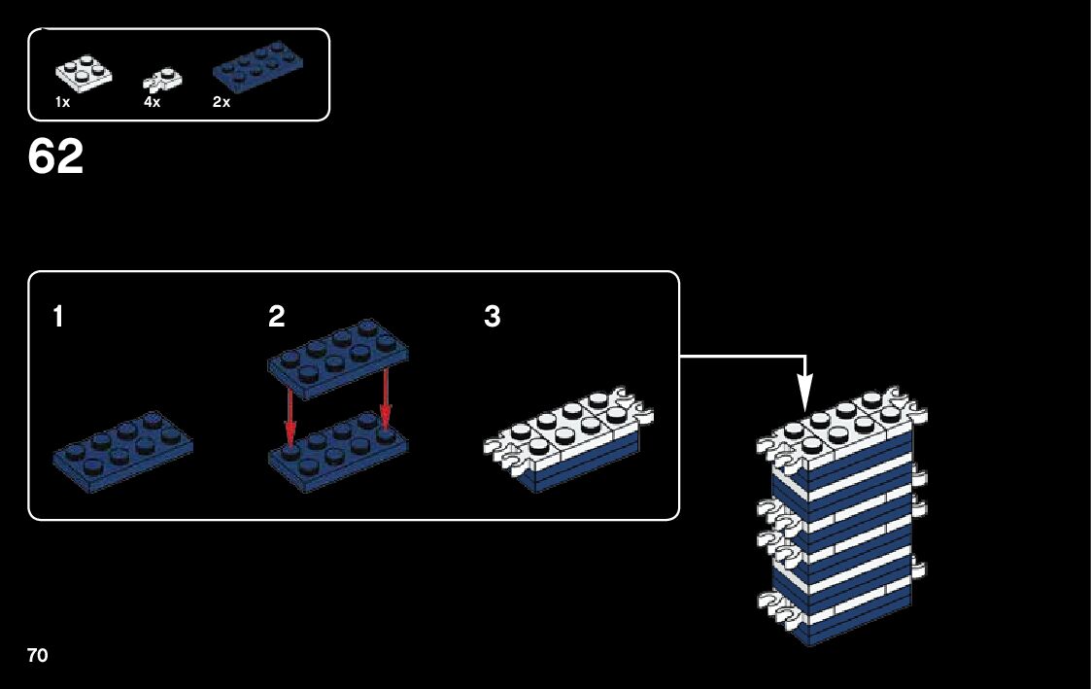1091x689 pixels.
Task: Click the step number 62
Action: (x=55, y=157)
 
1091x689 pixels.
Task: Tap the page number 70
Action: (x=37, y=655)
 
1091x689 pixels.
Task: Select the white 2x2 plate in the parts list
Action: (x=83, y=73)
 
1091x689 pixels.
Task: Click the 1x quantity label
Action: (x=62, y=103)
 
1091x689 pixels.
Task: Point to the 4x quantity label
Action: (x=152, y=103)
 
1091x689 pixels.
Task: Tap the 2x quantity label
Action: (x=222, y=103)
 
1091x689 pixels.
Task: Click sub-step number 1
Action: (x=58, y=317)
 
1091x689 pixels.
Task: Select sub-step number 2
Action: (x=277, y=317)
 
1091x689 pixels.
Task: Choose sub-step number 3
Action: (x=493, y=317)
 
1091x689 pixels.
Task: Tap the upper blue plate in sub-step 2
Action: (x=335, y=362)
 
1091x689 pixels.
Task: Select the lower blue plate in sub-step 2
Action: (x=335, y=452)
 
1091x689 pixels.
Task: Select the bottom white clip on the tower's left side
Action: (x=775, y=606)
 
